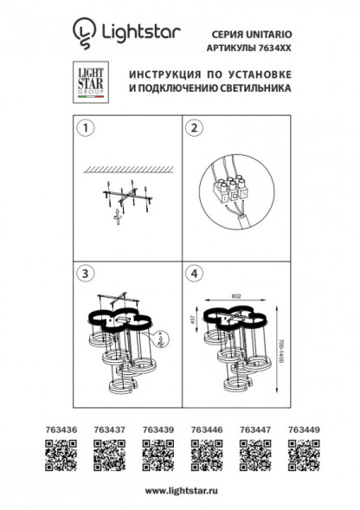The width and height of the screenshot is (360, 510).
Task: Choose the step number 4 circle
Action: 195,274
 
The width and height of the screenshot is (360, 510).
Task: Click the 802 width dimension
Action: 236,295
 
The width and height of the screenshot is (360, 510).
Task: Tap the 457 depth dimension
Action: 203,320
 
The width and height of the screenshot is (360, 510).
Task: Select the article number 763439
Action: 154,427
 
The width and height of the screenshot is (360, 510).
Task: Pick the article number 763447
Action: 253,427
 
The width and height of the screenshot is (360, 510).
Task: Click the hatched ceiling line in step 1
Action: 130,167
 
